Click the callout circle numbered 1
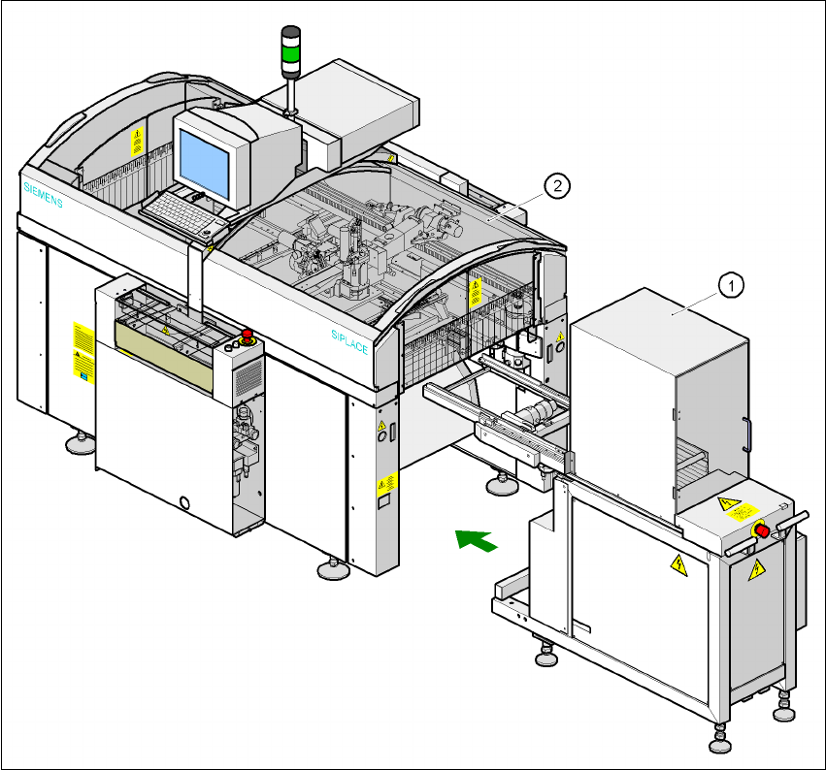730,284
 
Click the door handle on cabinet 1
745,433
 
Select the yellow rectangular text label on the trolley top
745,513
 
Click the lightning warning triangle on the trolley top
723,503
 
